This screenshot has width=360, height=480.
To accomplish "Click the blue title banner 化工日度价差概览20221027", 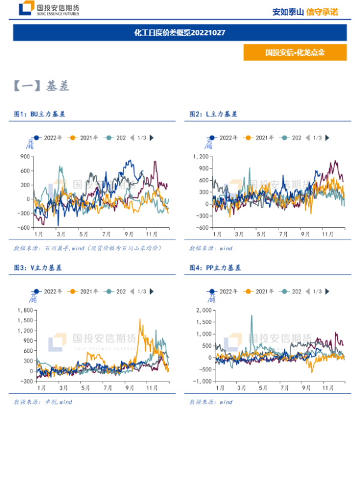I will (x=179, y=32).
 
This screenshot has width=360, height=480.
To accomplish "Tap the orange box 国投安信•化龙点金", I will (x=295, y=52).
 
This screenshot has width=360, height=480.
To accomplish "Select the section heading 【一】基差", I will (x=41, y=86).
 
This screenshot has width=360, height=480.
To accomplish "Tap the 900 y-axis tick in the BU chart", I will (x=25, y=156).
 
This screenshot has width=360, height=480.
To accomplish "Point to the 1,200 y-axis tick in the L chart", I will (x=200, y=156).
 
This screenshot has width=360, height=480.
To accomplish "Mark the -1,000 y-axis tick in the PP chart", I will (x=199, y=382).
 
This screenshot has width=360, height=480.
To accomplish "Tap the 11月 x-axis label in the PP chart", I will (x=329, y=388).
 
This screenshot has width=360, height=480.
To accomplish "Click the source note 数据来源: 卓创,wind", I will (x=43, y=402).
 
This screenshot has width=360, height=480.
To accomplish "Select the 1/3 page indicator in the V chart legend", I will (x=142, y=292).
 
